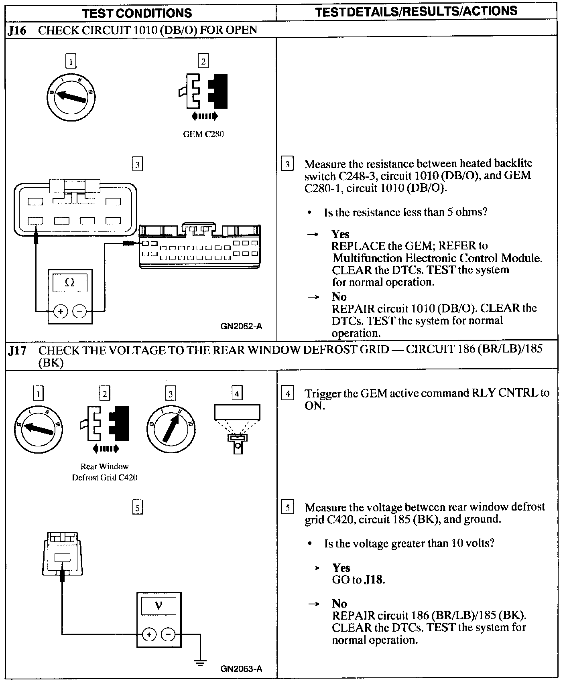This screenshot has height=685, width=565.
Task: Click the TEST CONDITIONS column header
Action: (x=137, y=13)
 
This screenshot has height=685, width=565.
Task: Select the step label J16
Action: (x=17, y=30)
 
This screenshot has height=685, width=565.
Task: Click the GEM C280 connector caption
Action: (x=203, y=134)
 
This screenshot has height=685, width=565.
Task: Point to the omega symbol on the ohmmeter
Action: (x=70, y=282)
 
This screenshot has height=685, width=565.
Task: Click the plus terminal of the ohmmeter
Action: (x=60, y=311)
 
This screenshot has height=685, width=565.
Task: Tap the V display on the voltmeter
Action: (x=159, y=606)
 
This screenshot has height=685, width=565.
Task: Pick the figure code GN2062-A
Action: (x=241, y=326)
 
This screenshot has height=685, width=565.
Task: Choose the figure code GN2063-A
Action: (x=241, y=669)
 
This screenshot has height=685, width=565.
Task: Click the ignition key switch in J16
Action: (x=71, y=97)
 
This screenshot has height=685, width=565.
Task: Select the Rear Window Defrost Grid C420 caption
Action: (x=105, y=472)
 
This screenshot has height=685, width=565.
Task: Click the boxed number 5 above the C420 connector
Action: (x=137, y=508)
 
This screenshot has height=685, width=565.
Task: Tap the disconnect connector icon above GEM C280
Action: (x=203, y=96)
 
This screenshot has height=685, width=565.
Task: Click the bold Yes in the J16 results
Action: (x=340, y=234)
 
